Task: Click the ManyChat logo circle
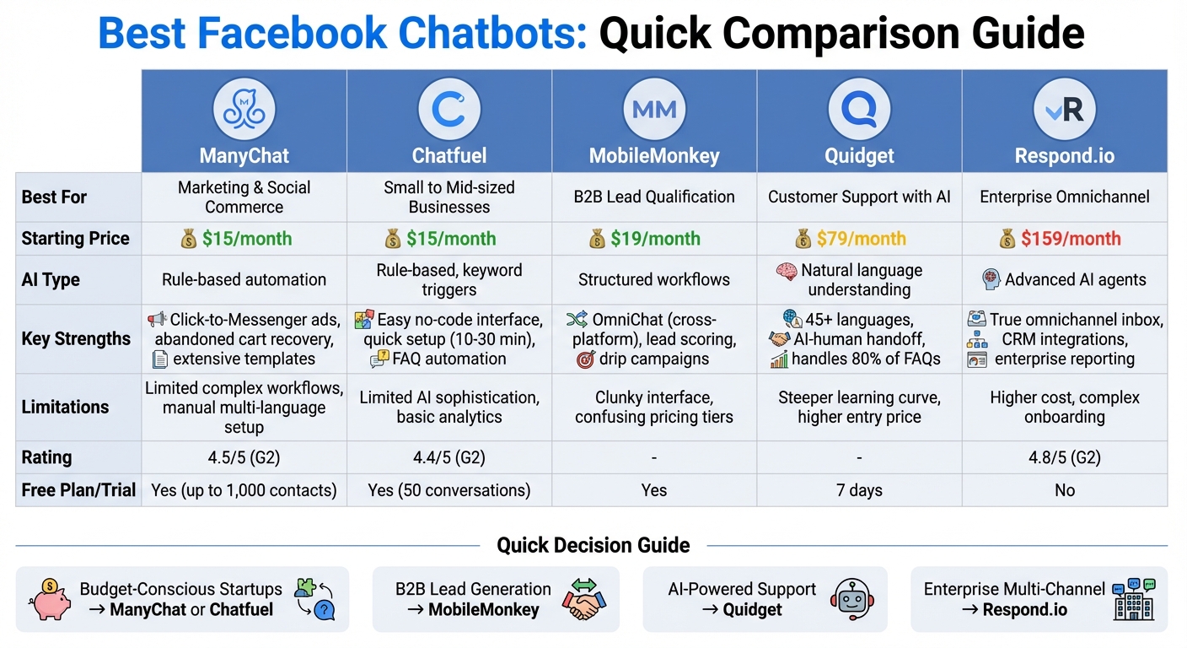[244, 108]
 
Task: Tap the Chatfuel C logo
[449, 108]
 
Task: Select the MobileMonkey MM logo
[654, 108]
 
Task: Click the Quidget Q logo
[859, 108]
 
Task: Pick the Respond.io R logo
[1064, 108]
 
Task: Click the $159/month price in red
[1071, 239]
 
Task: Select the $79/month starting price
[861, 239]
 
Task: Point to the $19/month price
[656, 239]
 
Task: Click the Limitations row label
[65, 407]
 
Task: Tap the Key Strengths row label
[76, 339]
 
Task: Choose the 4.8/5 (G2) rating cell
[1065, 457]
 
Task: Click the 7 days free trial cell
[859, 490]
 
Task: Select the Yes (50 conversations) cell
[449, 490]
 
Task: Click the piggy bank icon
[47, 599]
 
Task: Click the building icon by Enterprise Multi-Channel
[1134, 598]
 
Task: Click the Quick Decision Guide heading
[593, 546]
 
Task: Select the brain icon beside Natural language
[786, 272]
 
